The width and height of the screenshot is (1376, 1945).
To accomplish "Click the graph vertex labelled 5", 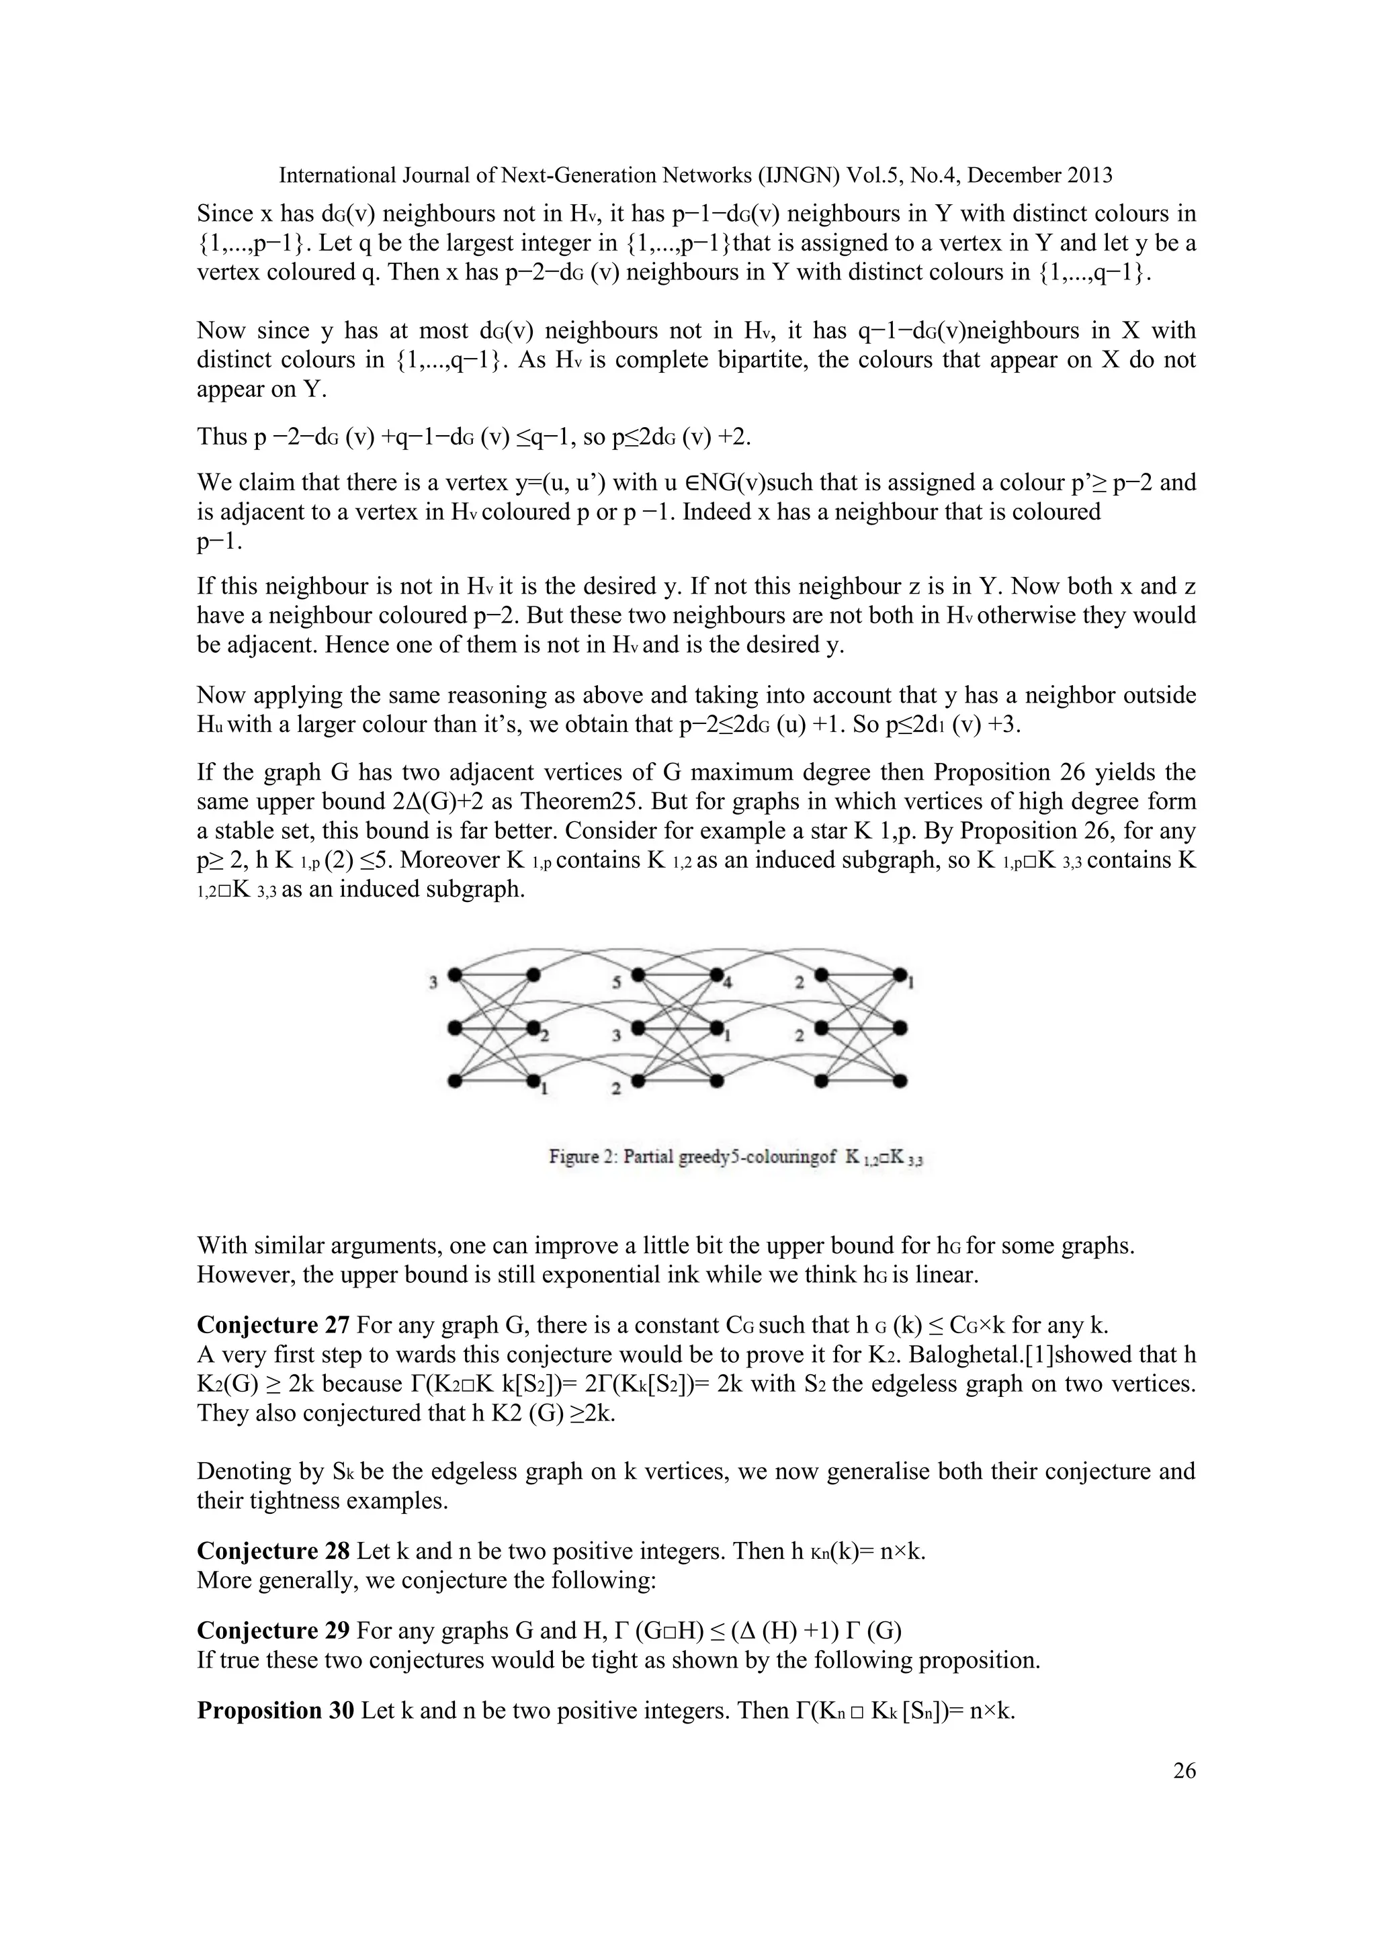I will coord(637,975).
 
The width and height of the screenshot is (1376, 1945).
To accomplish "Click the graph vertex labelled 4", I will coord(717,975).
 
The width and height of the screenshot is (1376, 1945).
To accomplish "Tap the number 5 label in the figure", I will coord(617,983).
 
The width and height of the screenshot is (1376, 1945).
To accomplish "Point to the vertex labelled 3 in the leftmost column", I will coord(454,975).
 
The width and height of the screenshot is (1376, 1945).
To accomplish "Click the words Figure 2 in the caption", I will coord(581,1157).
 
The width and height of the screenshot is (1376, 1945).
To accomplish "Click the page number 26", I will coord(1185,1770).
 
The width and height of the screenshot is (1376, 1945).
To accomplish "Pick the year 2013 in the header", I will coord(1090,175).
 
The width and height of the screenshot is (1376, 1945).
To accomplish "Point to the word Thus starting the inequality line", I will coord(221,437).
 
